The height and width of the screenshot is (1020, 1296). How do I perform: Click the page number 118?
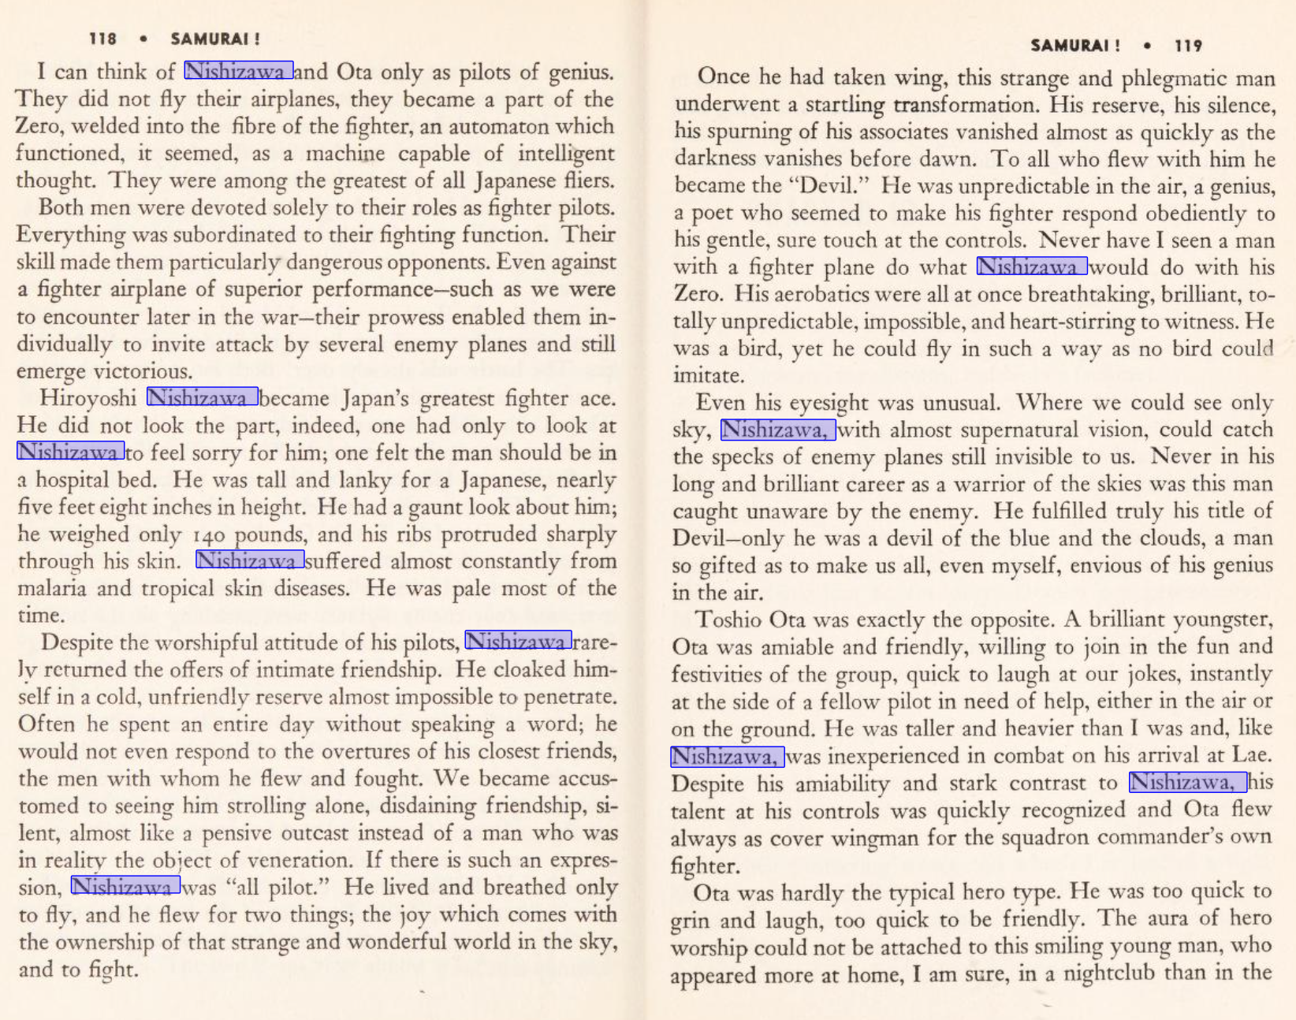(x=102, y=39)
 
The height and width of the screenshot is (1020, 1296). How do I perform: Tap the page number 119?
(x=1188, y=46)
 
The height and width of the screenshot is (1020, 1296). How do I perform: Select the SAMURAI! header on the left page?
(x=215, y=39)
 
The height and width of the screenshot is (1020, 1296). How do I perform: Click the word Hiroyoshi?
(x=88, y=398)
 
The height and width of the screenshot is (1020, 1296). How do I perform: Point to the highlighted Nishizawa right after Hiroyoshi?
(x=203, y=396)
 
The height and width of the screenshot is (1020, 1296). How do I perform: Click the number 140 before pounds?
(x=209, y=536)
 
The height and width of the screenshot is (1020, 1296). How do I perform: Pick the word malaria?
(x=52, y=589)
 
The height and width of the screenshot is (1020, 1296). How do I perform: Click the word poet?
(x=711, y=213)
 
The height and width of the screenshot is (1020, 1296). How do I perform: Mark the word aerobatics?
(x=797, y=295)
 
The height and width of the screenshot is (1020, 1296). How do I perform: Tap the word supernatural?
(x=1004, y=430)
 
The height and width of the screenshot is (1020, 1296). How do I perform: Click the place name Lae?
(x=1251, y=755)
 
